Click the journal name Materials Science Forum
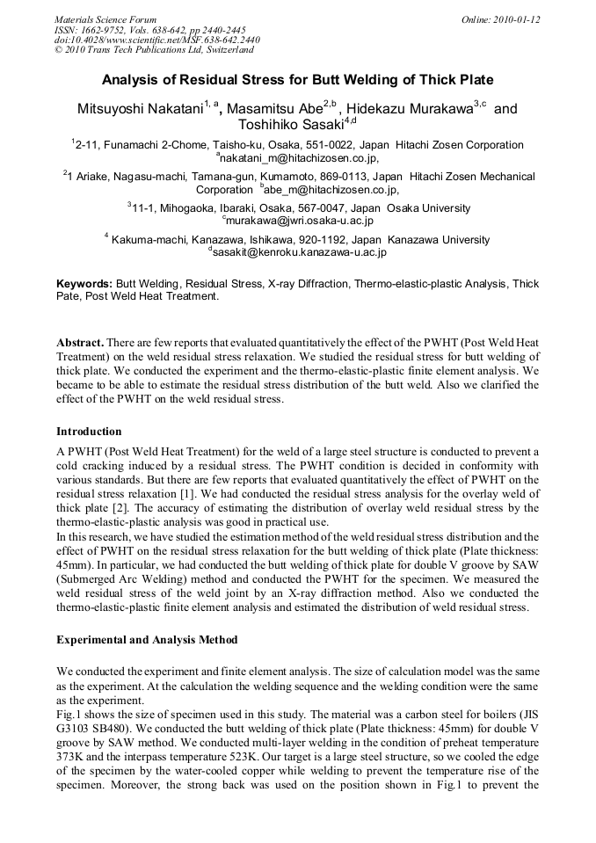click(x=105, y=18)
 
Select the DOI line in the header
click(x=156, y=40)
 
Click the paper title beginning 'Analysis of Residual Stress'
click(x=298, y=80)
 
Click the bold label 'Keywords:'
click(x=84, y=284)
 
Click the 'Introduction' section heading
click(x=89, y=432)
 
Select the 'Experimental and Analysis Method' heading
click(x=147, y=639)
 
